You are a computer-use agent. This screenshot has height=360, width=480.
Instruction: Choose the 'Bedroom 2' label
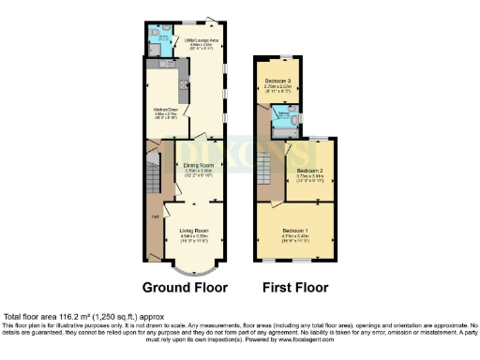pyautogui.click(x=308, y=172)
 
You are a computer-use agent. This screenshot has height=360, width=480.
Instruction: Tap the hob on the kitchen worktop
pyautogui.click(x=185, y=94)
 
